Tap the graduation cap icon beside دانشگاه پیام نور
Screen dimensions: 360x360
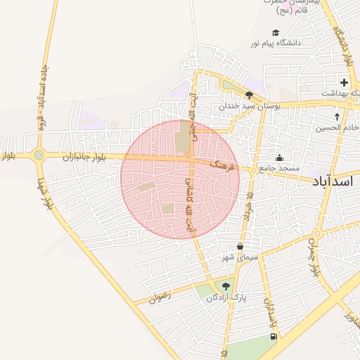click(x=276, y=33)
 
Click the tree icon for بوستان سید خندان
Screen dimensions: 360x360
click(x=249, y=95)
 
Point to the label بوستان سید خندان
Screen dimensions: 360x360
click(x=249, y=105)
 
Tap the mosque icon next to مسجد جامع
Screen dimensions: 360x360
click(x=280, y=157)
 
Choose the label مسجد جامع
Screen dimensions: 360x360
click(x=279, y=169)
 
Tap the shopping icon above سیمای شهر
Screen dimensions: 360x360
click(x=240, y=247)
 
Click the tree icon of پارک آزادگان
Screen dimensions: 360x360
click(x=226, y=286)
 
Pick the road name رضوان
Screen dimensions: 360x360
click(x=160, y=297)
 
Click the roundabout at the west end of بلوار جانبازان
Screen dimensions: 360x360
click(x=38, y=155)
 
